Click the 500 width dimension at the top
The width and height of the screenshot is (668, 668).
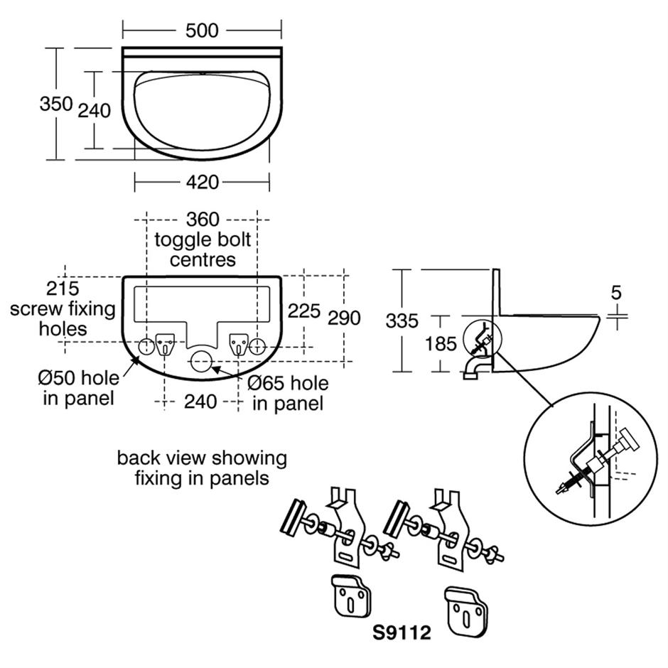[x=203, y=30]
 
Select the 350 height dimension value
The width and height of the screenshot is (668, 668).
[x=55, y=104]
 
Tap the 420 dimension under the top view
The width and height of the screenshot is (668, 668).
[x=203, y=183]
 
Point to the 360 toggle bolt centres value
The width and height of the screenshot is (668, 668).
[x=203, y=220]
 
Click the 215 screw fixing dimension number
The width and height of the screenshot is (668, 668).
[x=63, y=289]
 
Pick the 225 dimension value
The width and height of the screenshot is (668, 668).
[x=304, y=311]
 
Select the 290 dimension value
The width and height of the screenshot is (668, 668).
[x=344, y=318]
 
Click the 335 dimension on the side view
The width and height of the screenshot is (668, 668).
[x=402, y=321]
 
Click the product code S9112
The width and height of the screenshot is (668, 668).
[x=402, y=632]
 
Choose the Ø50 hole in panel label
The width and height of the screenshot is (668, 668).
[x=79, y=387]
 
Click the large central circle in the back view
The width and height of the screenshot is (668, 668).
[x=202, y=360]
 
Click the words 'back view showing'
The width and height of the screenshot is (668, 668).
[x=202, y=458]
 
